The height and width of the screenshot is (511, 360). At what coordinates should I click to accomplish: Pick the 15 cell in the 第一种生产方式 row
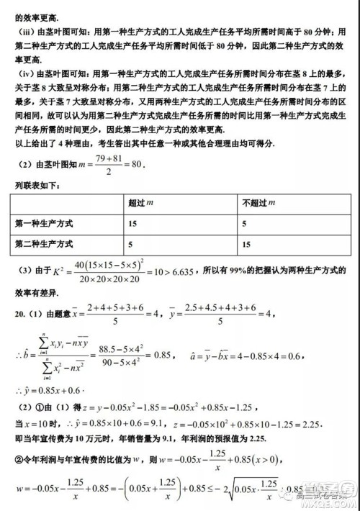point(132,224)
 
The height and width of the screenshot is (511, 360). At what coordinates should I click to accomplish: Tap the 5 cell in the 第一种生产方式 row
point(245,224)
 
